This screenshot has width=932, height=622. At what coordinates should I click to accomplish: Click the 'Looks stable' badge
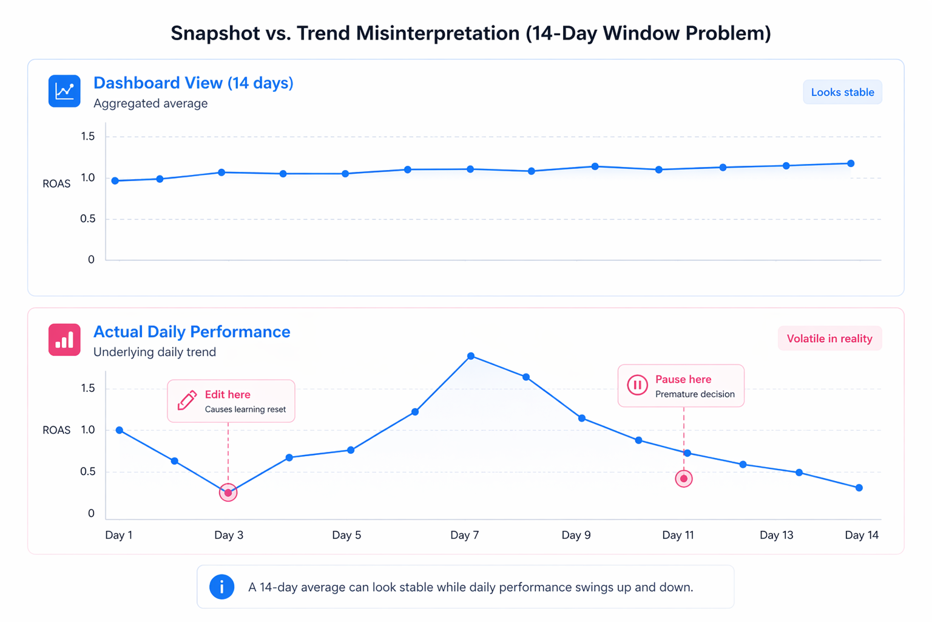pos(842,92)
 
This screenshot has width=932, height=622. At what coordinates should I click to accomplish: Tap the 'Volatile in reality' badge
pos(829,339)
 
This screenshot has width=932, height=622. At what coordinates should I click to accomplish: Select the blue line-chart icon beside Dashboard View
pos(64,91)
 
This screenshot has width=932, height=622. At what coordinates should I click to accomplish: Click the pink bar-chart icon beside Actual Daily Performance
pos(64,340)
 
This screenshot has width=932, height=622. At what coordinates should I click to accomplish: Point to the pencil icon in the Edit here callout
pos(187,401)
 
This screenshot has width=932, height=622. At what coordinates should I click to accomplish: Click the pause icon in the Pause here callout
pos(637,385)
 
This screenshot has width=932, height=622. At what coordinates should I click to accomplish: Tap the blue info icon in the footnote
pos(222,587)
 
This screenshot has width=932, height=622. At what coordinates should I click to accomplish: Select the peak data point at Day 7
pos(471,356)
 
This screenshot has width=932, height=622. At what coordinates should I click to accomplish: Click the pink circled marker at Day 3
pos(228,493)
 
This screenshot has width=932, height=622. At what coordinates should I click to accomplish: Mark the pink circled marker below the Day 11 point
pos(684,479)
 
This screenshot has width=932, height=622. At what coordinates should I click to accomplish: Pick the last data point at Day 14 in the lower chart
pos(859,488)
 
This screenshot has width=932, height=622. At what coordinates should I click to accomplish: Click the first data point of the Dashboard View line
pos(115,181)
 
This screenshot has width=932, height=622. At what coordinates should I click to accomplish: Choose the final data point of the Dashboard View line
pos(851,163)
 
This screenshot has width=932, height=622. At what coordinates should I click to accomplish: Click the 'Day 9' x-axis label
pos(576,535)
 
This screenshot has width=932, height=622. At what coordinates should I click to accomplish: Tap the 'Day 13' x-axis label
pos(776,535)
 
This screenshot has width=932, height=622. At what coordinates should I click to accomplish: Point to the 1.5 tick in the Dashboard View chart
pos(88,137)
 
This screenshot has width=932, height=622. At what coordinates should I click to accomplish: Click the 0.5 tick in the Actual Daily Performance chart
pos(88,472)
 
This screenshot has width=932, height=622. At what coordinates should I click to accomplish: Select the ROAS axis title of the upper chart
pos(56,184)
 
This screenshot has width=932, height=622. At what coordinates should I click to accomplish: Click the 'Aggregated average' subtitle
pos(150,104)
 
